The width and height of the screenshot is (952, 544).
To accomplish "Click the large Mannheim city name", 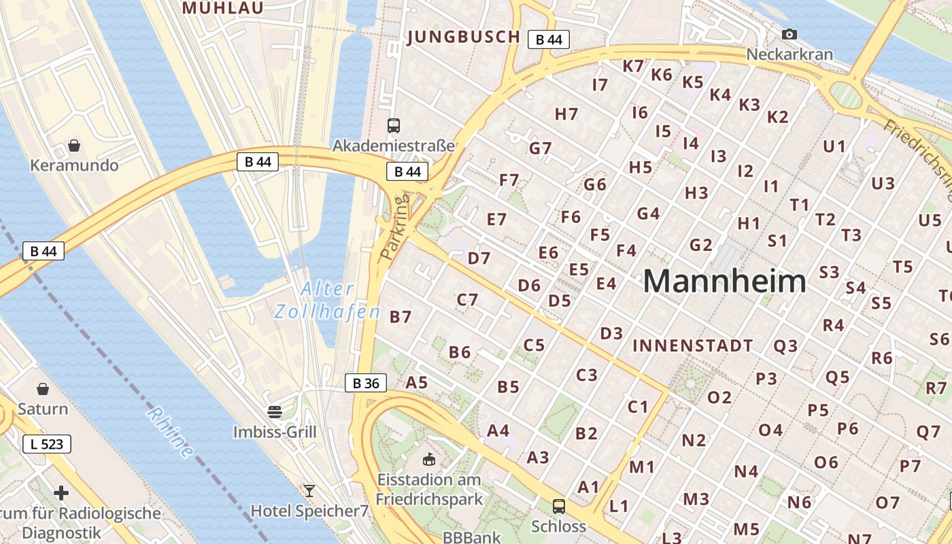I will [724, 281].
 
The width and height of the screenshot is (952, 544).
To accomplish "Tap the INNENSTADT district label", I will [692, 345].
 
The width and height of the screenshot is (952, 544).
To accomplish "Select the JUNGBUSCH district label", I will [464, 37].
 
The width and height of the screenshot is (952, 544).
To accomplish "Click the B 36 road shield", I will [366, 383].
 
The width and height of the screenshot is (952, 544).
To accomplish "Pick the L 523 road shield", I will [47, 444].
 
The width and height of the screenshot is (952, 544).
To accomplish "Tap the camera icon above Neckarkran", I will [789, 34].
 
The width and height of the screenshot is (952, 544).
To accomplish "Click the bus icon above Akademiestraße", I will [394, 125].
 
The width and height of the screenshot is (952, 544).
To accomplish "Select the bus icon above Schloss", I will [558, 506].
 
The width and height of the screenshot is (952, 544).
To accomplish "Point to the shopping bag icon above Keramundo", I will [74, 146].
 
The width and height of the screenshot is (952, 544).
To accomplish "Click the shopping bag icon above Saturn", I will [43, 389].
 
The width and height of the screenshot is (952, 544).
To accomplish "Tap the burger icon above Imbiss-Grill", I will [275, 411].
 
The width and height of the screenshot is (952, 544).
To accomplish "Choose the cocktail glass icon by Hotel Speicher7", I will [309, 490].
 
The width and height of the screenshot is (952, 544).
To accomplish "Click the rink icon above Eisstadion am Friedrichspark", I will [429, 460].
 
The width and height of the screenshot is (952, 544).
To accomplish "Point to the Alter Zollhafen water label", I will [327, 301].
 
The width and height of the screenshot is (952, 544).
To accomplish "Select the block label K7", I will [633, 66].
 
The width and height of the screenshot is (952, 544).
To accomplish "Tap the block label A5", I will [416, 382].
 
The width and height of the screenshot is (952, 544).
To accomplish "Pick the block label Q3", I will [785, 345].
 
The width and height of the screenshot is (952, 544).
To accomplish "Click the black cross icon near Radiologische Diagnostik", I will [61, 492].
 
